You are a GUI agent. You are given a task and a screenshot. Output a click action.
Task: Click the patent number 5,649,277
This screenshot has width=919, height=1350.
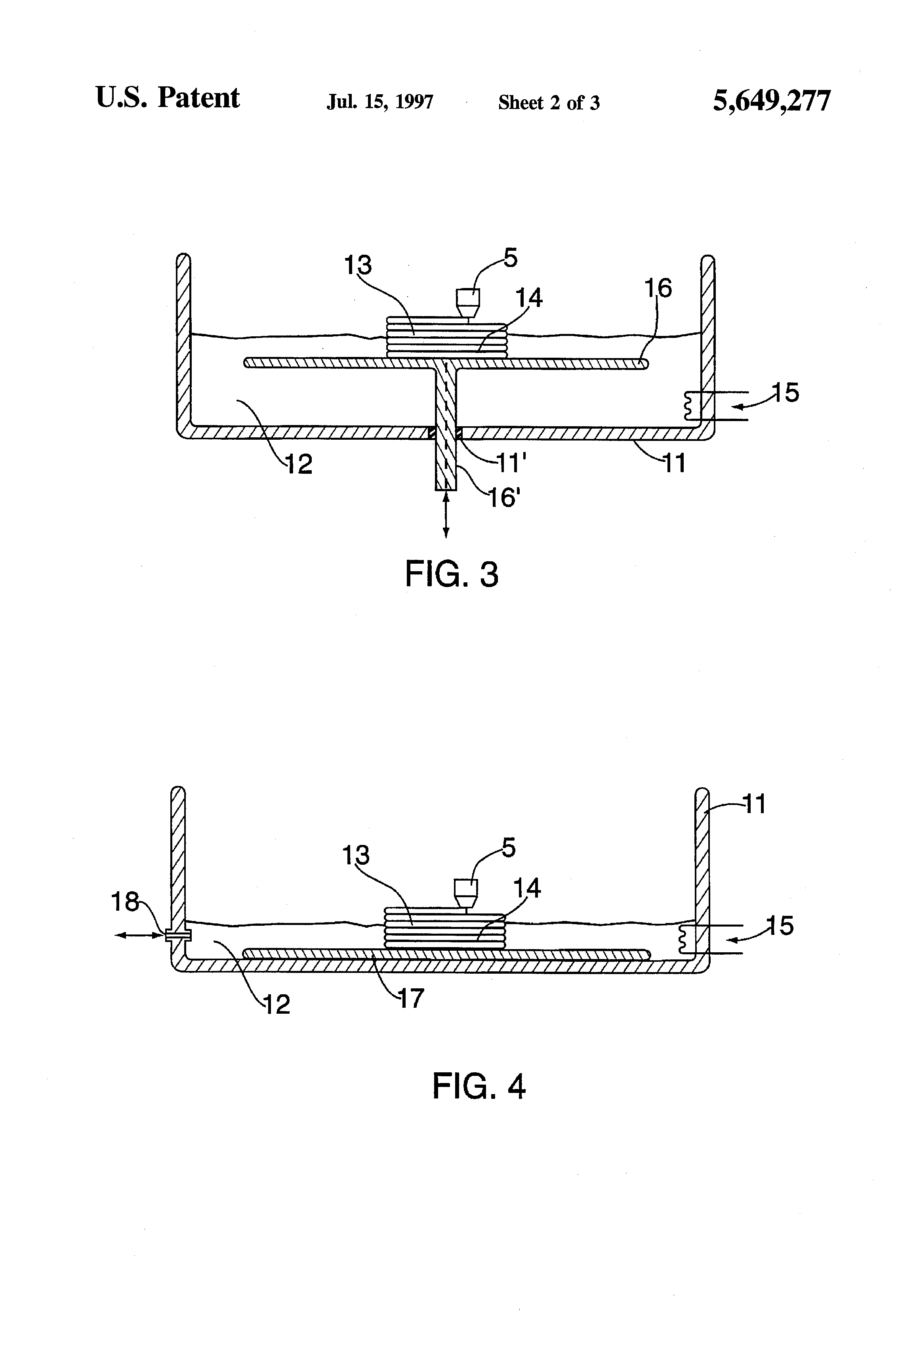772,101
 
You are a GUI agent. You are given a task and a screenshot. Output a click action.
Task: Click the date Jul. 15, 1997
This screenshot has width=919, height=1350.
380,102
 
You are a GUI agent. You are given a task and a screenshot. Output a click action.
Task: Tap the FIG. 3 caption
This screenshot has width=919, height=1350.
451,574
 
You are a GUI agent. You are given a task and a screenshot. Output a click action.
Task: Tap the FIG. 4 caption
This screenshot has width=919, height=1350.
479,1086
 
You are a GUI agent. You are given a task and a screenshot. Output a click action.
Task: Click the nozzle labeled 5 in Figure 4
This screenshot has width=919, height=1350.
466,893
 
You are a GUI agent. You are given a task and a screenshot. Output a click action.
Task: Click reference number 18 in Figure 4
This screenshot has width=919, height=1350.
125,902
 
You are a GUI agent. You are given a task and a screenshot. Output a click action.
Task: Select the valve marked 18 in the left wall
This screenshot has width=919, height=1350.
178,935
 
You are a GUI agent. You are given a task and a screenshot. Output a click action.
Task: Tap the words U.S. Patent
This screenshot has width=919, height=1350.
167,97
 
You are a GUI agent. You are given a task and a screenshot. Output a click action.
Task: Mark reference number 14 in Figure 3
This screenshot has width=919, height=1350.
529,297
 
